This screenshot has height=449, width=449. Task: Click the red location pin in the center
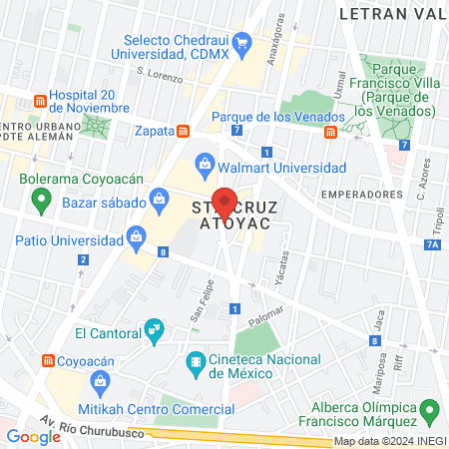224,202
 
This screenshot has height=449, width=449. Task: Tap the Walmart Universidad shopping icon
205,161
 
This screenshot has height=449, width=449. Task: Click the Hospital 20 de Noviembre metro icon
40,101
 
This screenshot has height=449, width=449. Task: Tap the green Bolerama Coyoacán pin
41,200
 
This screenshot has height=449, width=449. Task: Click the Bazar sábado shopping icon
159,200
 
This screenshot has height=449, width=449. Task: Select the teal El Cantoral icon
153,328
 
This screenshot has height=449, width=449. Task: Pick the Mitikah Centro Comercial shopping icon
100,380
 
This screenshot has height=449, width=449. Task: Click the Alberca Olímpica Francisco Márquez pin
430,408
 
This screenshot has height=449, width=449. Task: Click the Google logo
33,436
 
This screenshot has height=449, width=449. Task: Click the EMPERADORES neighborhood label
357,193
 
